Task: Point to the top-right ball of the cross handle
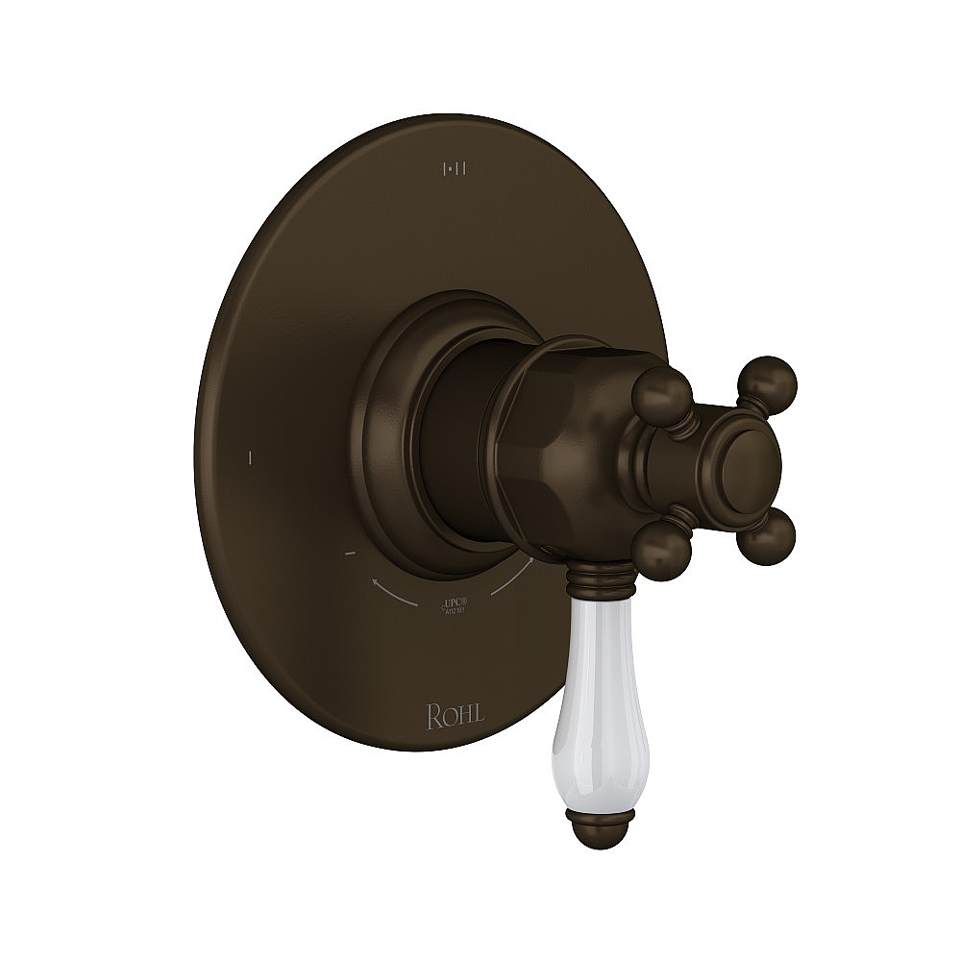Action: pyautogui.click(x=772, y=378)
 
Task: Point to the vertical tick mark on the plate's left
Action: pyautogui.click(x=249, y=457)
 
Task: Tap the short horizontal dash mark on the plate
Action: pyautogui.click(x=350, y=554)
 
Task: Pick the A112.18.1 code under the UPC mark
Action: pyautogui.click(x=455, y=611)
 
